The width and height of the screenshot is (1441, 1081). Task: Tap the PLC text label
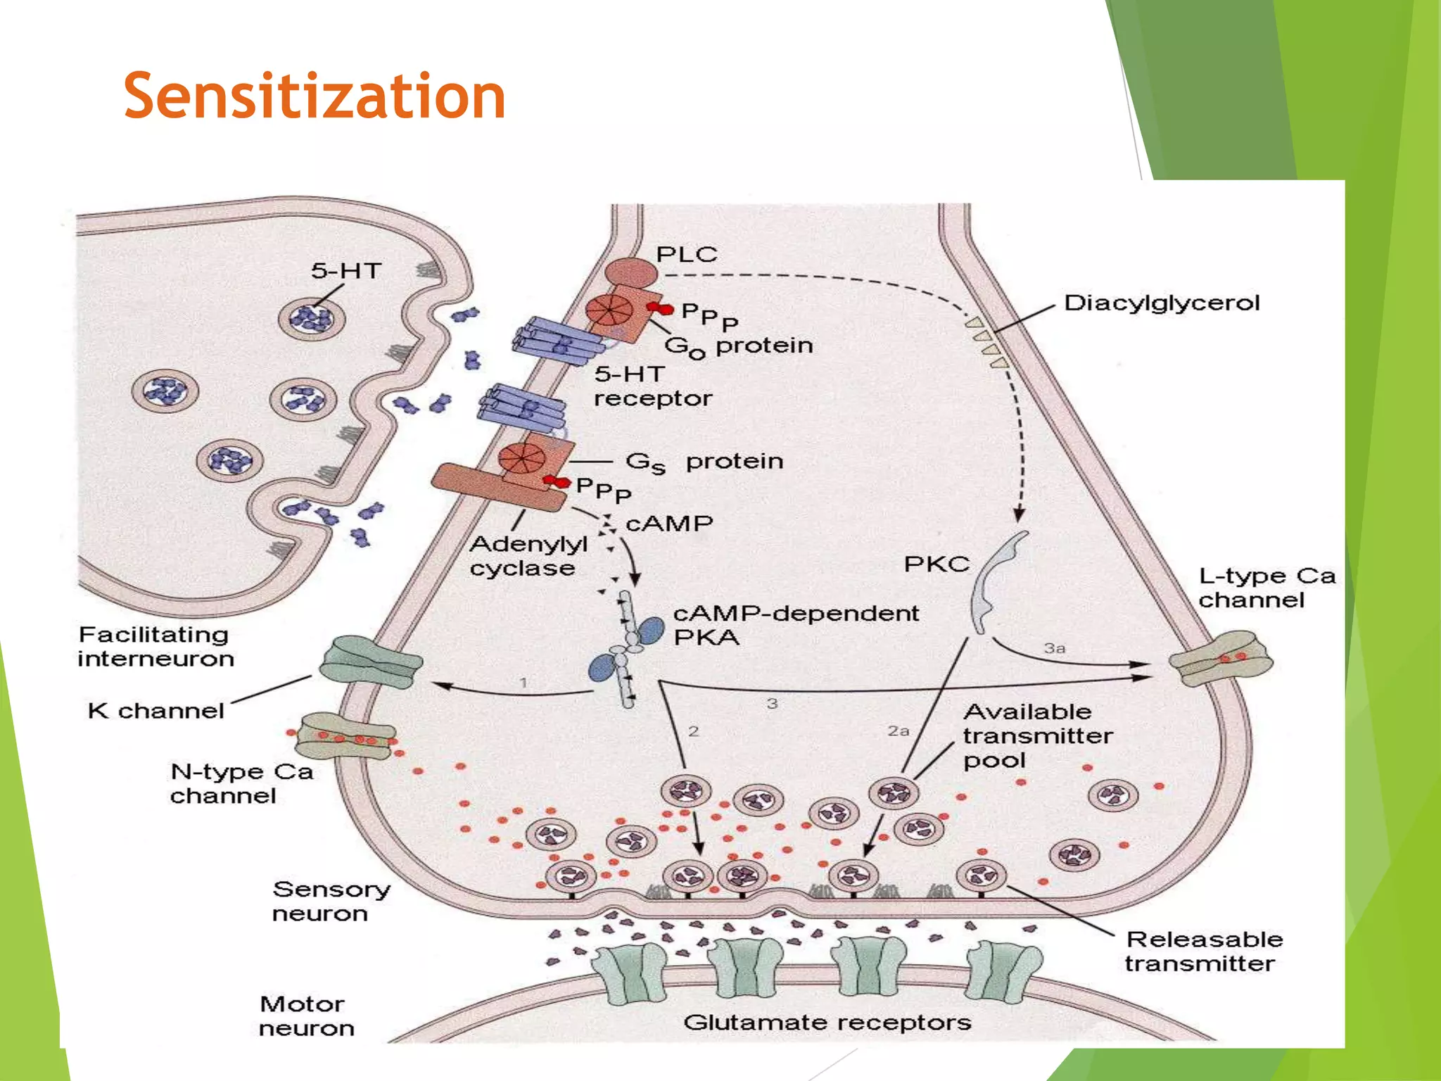tap(686, 254)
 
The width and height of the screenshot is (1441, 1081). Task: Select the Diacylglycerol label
tap(1162, 303)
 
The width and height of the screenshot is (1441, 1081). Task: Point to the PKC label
tap(936, 564)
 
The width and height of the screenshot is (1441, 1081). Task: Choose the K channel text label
tap(156, 711)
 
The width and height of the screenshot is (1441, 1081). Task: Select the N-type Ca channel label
tap(241, 783)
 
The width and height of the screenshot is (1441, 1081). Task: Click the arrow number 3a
tap(1054, 648)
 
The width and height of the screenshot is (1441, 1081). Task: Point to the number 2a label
tap(898, 731)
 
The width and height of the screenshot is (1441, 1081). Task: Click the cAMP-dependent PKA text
tap(795, 625)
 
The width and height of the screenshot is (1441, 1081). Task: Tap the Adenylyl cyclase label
tap(528, 556)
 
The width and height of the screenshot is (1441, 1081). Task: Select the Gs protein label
tap(704, 462)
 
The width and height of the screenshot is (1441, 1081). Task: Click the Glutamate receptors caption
tap(827, 1022)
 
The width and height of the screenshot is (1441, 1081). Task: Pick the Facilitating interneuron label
tap(155, 646)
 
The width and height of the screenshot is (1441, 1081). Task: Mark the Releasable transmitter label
tap(1203, 951)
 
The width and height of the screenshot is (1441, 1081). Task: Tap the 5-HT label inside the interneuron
tap(345, 271)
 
